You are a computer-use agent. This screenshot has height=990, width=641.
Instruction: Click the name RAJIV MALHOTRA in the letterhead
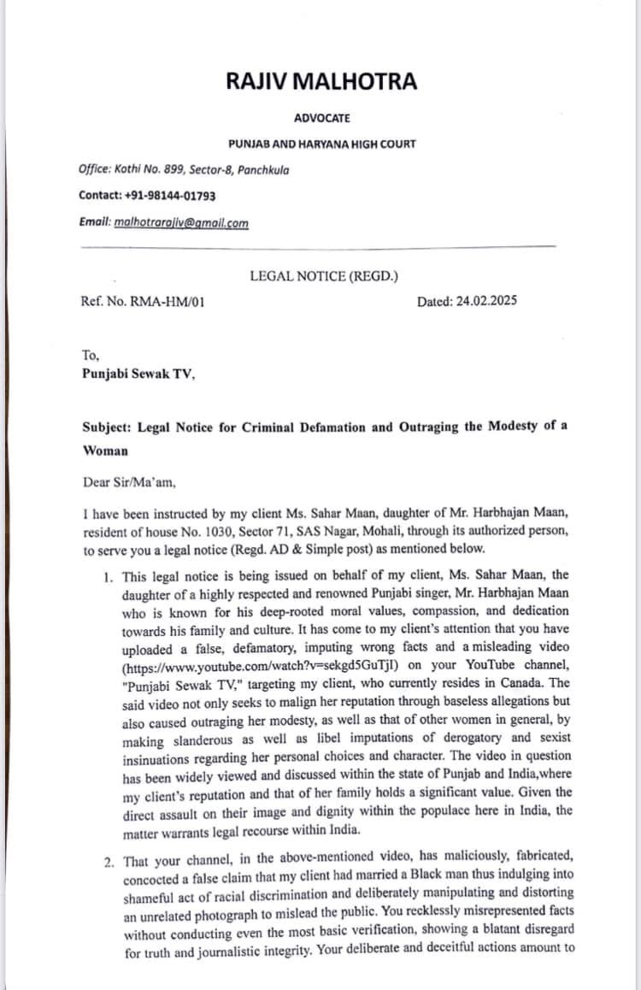pyautogui.click(x=321, y=82)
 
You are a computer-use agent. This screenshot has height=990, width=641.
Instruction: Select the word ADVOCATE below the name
pyautogui.click(x=321, y=118)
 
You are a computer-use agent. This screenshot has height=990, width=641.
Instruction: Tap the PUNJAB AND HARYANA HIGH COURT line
pyautogui.click(x=321, y=144)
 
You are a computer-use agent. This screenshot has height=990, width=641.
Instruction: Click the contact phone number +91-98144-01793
pyautogui.click(x=167, y=195)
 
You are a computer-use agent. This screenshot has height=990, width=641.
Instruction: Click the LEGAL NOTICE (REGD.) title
pyautogui.click(x=324, y=275)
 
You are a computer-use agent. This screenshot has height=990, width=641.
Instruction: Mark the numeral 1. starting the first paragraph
pyautogui.click(x=108, y=577)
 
